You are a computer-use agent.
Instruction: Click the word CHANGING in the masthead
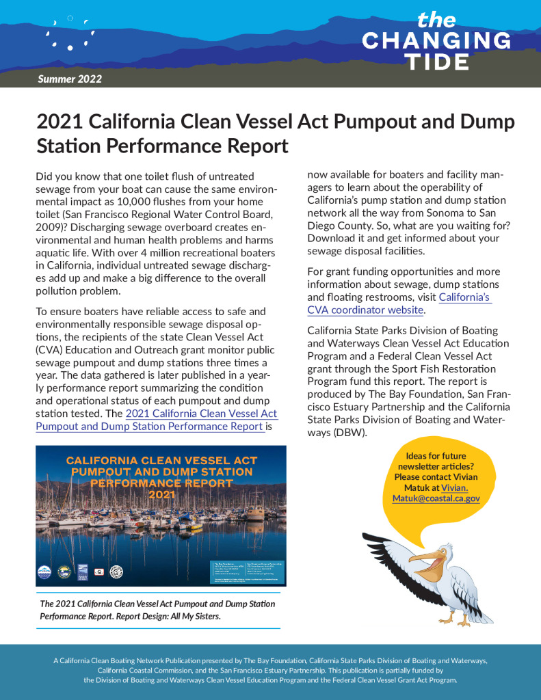coord(436,40)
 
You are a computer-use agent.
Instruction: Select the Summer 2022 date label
coord(70,79)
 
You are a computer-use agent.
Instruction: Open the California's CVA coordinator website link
coord(365,304)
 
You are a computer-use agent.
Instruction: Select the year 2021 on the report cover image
coord(161,494)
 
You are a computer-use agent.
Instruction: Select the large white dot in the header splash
coord(70,47)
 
